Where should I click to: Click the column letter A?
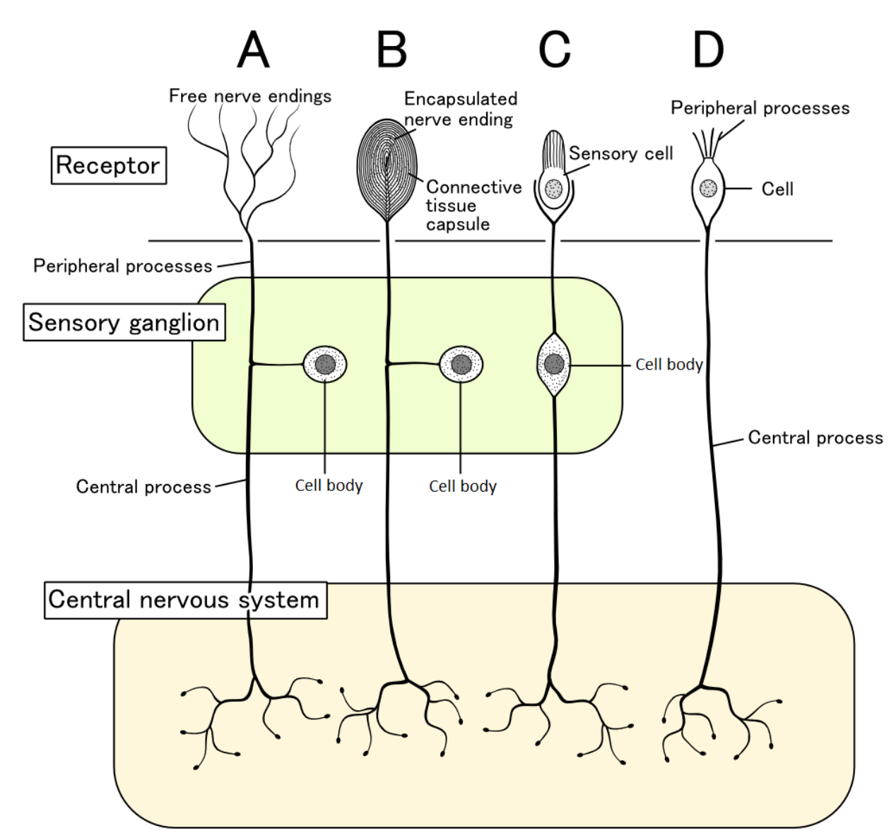(253, 49)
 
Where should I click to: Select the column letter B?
(391, 49)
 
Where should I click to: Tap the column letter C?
(555, 49)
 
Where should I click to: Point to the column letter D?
(708, 49)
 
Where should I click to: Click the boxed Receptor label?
(109, 165)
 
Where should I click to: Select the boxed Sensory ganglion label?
(124, 322)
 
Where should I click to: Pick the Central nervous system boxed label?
(185, 600)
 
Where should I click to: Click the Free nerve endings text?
(250, 96)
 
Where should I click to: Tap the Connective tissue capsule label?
(473, 206)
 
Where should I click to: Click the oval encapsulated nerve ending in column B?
(387, 170)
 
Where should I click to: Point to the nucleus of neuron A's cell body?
(325, 364)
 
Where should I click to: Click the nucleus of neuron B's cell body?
(461, 364)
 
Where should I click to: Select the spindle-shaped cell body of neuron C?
(554, 365)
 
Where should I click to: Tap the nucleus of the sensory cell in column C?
(553, 189)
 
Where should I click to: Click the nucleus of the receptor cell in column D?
(708, 188)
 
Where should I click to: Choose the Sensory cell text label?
(621, 153)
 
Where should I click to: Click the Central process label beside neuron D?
(815, 438)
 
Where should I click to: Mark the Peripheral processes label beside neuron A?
(123, 266)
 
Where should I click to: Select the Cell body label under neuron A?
(329, 485)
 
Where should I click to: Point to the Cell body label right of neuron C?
(669, 364)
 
